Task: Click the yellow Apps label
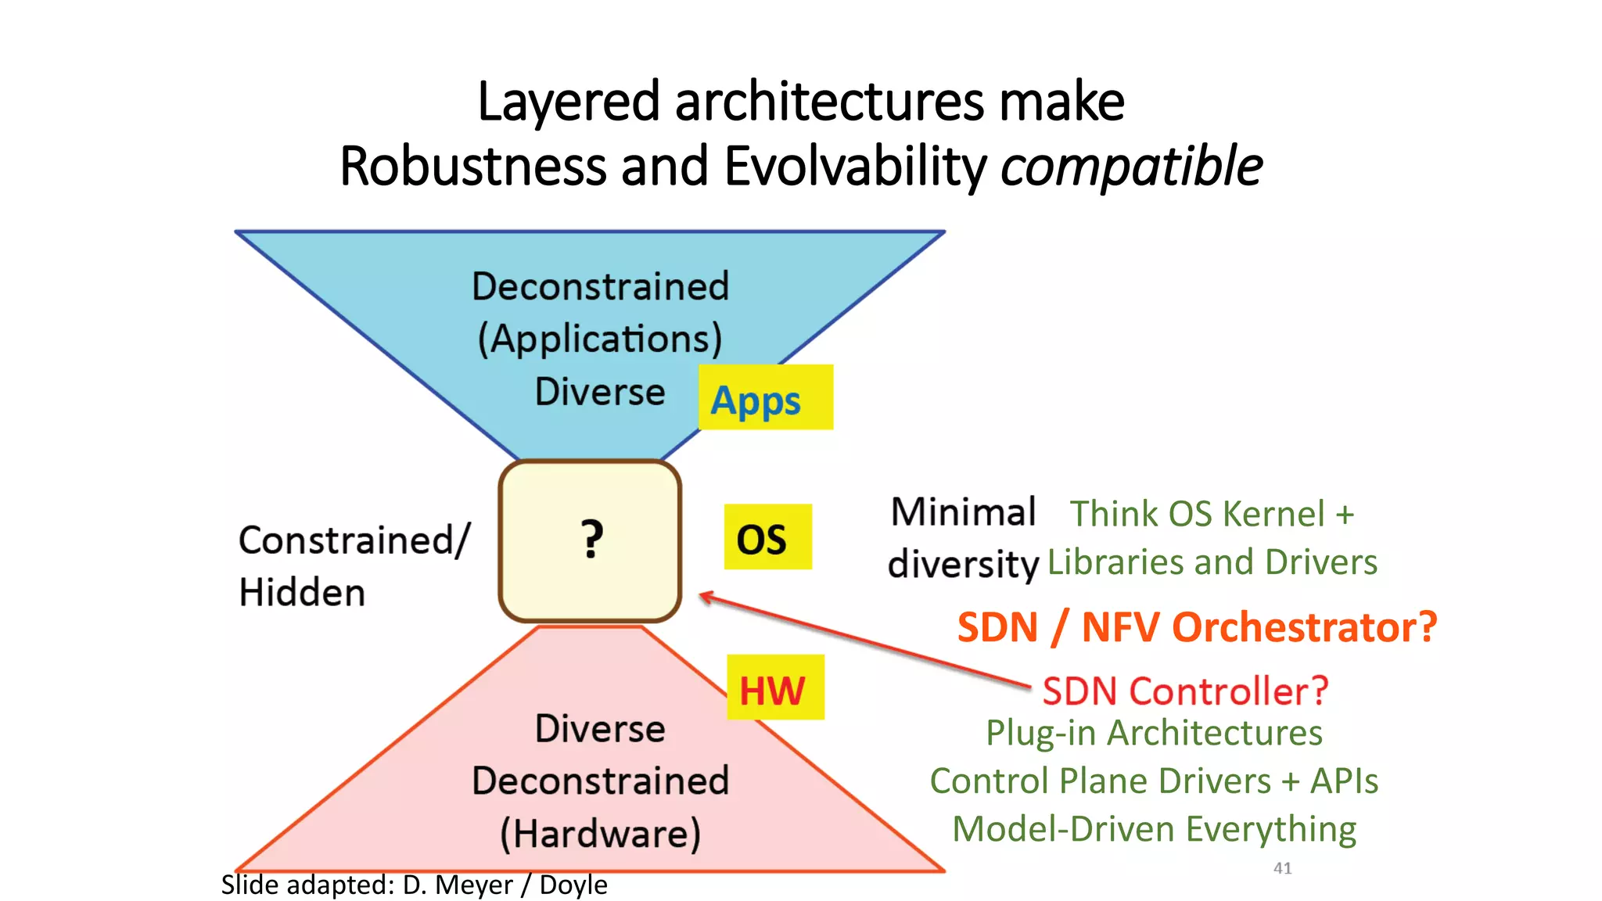click(764, 398)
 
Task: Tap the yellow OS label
click(767, 538)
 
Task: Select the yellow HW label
click(774, 688)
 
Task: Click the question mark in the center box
click(592, 539)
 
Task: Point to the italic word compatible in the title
click(1131, 167)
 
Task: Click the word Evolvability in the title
click(855, 167)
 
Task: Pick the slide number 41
click(1282, 868)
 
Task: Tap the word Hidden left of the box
click(302, 592)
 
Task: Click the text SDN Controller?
click(1185, 691)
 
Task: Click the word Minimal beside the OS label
click(963, 513)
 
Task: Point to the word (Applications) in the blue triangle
click(600, 339)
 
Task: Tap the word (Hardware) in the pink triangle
click(600, 833)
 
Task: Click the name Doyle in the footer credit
click(573, 885)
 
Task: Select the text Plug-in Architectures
click(1154, 734)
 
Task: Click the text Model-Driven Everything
click(1154, 829)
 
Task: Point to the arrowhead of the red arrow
click(704, 597)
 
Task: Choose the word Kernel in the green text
click(1273, 515)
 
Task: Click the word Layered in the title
click(569, 102)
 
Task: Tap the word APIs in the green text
click(1344, 781)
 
